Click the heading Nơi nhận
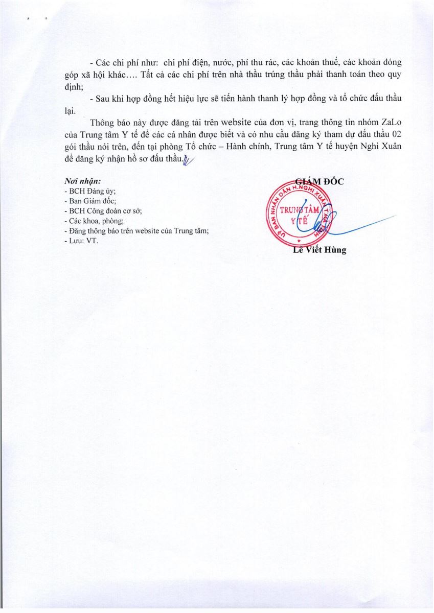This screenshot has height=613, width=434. point(83,181)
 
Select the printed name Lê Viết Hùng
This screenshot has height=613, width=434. point(320,250)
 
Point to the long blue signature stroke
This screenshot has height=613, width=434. point(363,225)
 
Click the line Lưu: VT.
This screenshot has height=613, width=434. point(81,240)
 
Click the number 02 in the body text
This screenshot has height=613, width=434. point(396,135)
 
